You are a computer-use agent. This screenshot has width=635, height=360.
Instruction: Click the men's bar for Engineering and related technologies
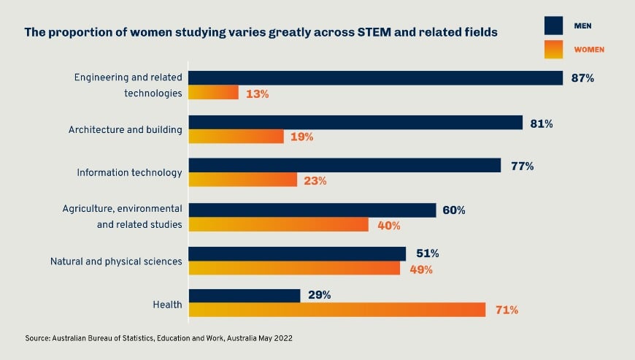pyautogui.click(x=376, y=78)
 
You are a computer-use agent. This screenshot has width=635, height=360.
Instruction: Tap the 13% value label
pyautogui.click(x=257, y=93)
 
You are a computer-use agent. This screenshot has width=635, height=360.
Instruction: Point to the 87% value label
pyautogui.click(x=582, y=78)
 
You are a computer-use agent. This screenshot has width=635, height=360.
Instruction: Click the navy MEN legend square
pyautogui.click(x=554, y=26)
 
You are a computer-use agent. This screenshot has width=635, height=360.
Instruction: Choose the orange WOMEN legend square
pyautogui.click(x=554, y=49)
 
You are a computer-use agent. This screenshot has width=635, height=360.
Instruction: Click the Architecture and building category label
pyautogui.click(x=125, y=130)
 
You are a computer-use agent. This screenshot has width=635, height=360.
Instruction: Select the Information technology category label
pyautogui.click(x=129, y=173)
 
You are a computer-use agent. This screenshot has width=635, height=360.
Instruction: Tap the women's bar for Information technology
pyautogui.click(x=243, y=180)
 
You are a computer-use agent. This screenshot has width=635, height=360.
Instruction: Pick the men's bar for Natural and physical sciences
pyautogui.click(x=297, y=253)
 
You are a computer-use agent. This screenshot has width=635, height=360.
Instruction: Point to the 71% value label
pyautogui.click(x=506, y=310)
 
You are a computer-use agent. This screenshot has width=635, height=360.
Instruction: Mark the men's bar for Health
pyautogui.click(x=245, y=295)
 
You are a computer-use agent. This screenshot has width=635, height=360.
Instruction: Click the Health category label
pyautogui.click(x=167, y=304)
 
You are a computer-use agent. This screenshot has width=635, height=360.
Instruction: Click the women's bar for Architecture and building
pyautogui.click(x=236, y=137)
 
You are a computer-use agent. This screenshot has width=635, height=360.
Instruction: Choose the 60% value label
pyautogui.click(x=453, y=210)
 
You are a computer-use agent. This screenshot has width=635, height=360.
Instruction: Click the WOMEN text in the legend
pyautogui.click(x=590, y=50)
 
